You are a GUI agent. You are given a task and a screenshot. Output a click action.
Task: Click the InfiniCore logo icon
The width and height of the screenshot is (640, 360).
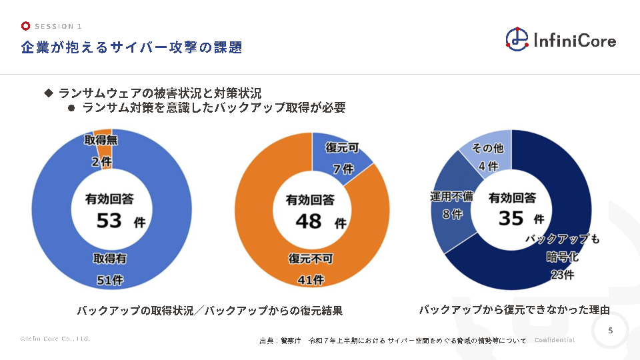[x=517, y=39]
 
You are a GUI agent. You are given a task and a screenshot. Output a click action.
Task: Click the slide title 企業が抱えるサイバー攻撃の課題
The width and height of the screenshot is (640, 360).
[x=131, y=47]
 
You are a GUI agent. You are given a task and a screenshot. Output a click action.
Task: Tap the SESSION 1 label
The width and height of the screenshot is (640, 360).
[x=58, y=27]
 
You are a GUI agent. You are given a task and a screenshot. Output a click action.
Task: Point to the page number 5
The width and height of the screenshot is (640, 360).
[x=611, y=331]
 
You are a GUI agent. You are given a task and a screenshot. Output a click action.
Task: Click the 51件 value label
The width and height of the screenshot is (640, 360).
[x=110, y=281]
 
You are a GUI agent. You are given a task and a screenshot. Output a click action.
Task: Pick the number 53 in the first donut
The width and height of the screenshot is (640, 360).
[x=109, y=220]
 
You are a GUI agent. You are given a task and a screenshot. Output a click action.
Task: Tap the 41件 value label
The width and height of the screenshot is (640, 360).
[x=310, y=281]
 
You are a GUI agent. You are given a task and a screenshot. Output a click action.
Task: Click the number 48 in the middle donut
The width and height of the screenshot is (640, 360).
[x=309, y=221]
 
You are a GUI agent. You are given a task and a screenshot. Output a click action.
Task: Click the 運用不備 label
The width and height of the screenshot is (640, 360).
[x=451, y=197]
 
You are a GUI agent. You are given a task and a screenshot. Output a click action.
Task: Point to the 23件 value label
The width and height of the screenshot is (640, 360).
[x=562, y=274]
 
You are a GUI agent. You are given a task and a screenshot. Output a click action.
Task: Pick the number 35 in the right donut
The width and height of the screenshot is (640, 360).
[x=511, y=218]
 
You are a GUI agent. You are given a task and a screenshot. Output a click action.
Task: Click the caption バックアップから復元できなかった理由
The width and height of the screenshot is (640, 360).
[x=514, y=309]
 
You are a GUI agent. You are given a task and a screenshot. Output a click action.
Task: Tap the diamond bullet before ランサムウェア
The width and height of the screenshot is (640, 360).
[x=48, y=93]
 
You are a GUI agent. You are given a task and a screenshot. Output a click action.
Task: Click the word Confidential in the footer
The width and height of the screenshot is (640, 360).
[x=555, y=340]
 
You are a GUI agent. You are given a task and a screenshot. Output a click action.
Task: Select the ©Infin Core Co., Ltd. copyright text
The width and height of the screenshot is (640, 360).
[x=55, y=339]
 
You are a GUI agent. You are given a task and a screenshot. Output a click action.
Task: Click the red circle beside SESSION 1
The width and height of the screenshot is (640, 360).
[x=25, y=27]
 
